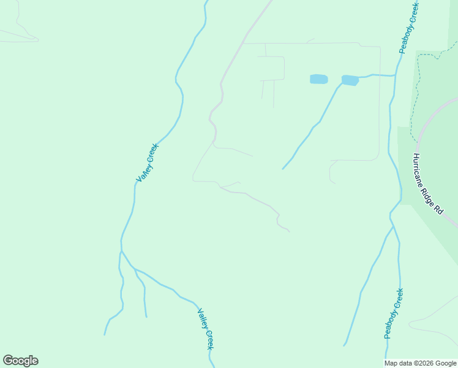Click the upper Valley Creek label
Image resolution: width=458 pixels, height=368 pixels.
click(x=147, y=163)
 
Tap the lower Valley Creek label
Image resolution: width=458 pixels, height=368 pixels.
click(x=206, y=329)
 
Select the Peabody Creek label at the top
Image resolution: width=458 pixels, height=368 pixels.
click(x=408, y=27)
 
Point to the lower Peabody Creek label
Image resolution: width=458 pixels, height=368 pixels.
click(x=393, y=313)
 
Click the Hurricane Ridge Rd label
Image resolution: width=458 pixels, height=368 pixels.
click(x=428, y=183)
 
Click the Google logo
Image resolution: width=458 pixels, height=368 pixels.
click(x=20, y=361)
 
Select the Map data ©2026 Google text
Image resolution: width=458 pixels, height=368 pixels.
click(x=420, y=363)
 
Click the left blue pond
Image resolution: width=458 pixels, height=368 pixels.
click(x=318, y=79)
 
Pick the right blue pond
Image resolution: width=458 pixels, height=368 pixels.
click(x=350, y=80)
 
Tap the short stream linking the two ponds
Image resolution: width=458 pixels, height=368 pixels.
click(x=334, y=80)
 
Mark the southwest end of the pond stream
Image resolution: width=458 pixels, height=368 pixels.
click(x=283, y=169)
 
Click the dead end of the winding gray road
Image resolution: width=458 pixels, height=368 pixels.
click(x=289, y=232)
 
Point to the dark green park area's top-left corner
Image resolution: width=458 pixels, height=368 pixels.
click(x=417, y=52)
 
